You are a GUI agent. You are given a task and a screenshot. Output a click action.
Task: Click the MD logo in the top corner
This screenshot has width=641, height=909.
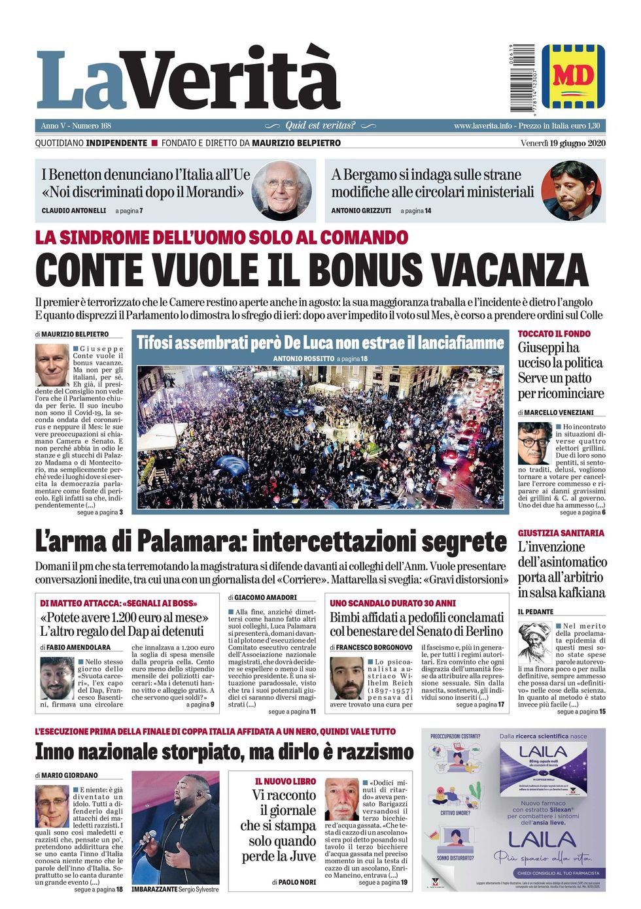(x=572, y=76)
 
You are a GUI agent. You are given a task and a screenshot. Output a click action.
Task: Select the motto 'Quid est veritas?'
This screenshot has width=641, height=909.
(x=320, y=125)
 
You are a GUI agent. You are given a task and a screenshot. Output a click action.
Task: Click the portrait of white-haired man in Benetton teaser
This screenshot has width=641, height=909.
(x=281, y=190)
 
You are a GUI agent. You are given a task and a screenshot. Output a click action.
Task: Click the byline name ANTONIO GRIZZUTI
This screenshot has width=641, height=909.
(x=361, y=211)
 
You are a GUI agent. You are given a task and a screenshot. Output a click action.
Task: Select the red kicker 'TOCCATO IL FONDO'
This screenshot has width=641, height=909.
(x=554, y=334)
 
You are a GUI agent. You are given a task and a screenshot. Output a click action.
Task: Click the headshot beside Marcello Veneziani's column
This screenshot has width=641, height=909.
(x=534, y=443)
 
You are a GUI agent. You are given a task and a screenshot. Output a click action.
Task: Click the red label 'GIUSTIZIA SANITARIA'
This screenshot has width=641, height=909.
(x=561, y=533)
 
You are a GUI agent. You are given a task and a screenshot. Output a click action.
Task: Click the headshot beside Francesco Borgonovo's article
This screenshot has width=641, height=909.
(x=346, y=678)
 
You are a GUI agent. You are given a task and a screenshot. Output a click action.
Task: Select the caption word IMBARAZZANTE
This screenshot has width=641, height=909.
(x=154, y=889)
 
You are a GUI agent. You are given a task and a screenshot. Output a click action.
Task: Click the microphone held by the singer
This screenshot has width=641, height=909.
(x=145, y=841)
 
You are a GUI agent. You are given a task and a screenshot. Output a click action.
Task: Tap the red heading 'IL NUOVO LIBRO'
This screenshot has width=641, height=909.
(x=285, y=782)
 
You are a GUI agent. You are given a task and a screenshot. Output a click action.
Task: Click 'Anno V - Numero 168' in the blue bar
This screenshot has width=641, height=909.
(x=76, y=125)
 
